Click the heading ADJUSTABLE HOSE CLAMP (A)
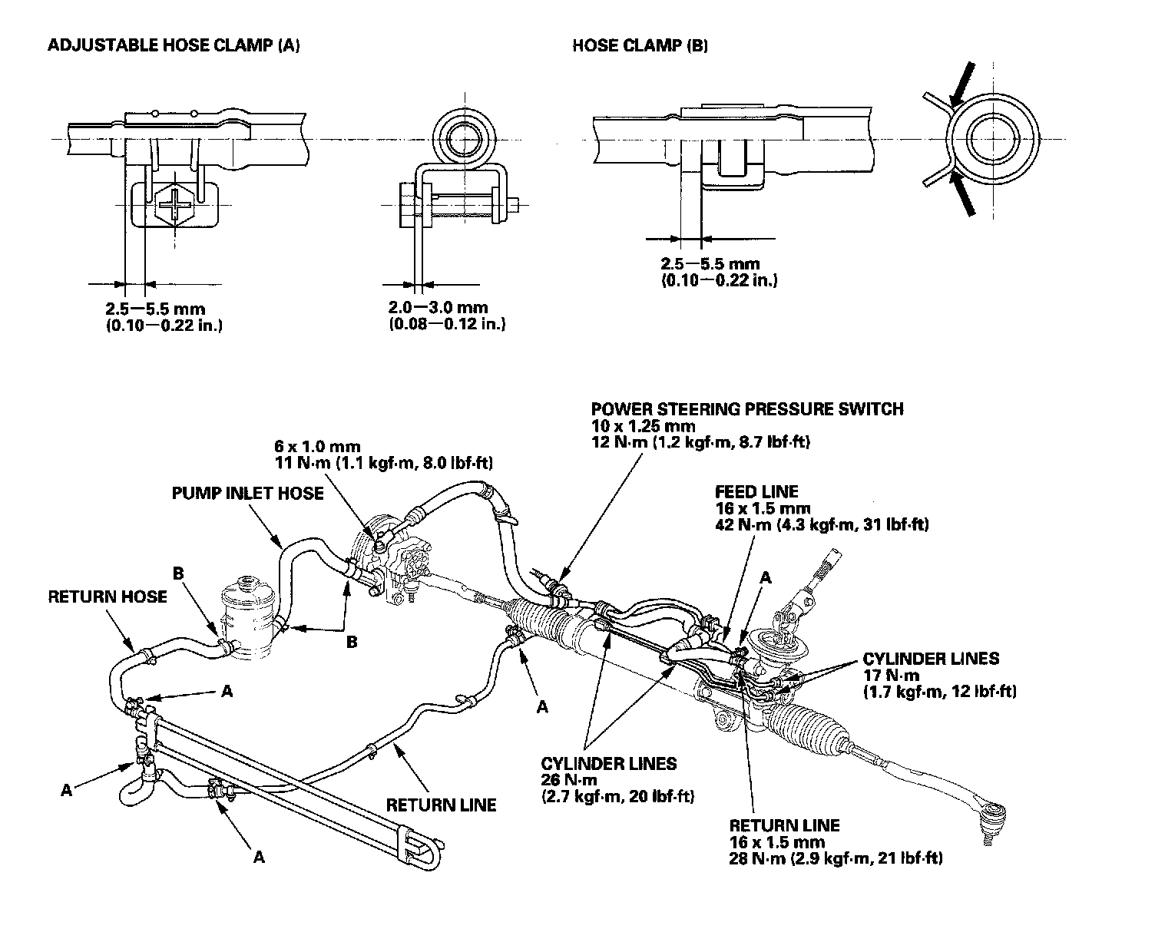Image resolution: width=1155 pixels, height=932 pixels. coord(174,45)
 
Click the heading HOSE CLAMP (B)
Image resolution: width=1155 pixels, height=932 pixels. coord(640,45)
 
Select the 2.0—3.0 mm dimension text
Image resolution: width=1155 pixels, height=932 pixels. coord(439,308)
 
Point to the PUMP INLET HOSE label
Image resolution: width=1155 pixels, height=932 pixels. coord(247,492)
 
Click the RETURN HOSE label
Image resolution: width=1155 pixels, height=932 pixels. coord(108,597)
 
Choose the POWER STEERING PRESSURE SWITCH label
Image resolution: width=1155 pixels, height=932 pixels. coord(747,408)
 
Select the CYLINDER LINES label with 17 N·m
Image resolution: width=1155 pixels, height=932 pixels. coord(931,659)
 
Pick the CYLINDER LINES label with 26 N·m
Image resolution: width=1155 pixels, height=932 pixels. coord(609,763)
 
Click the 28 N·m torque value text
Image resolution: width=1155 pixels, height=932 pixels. coord(836,858)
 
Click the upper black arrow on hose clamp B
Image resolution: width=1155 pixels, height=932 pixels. coord(961,84)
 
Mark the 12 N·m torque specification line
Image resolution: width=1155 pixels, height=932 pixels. coord(701,442)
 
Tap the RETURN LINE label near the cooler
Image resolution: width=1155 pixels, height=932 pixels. coord(441,805)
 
